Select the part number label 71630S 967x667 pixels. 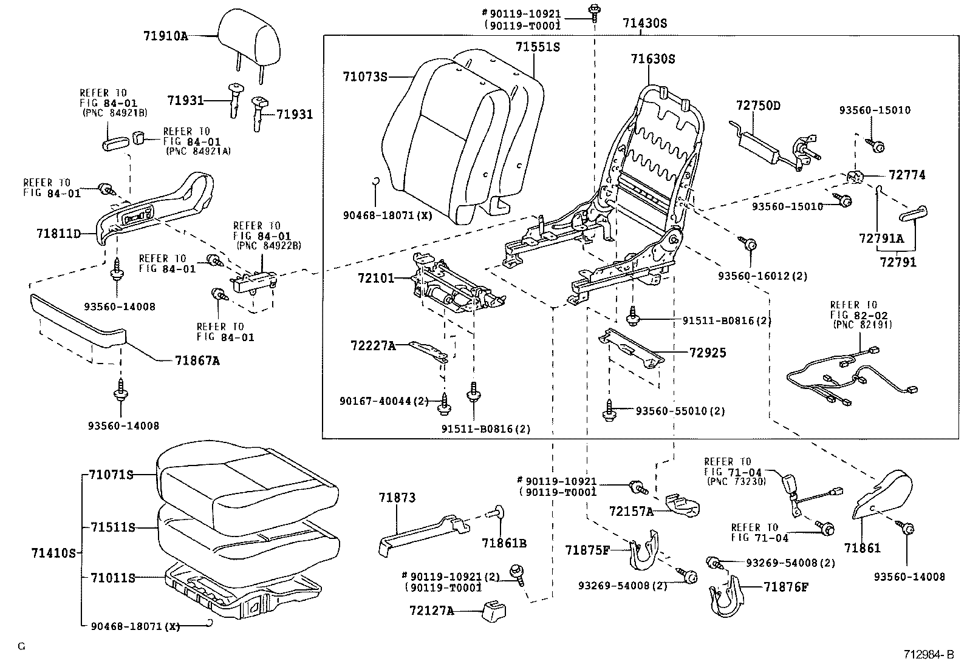point(652,59)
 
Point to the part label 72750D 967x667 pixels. point(757,106)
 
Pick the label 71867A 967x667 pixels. point(197,361)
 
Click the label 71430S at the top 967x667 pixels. point(644,24)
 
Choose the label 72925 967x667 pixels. point(708,353)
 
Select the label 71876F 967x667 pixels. point(787,586)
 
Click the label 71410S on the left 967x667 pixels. point(54,553)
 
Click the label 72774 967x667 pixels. point(907,175)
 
